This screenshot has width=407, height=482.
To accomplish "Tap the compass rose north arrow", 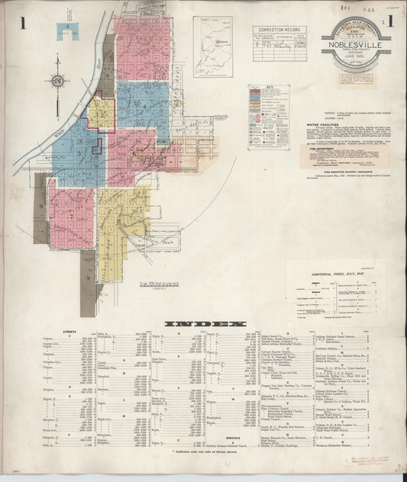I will (x=57, y=79).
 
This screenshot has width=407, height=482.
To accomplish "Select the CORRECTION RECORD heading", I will (x=276, y=30).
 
